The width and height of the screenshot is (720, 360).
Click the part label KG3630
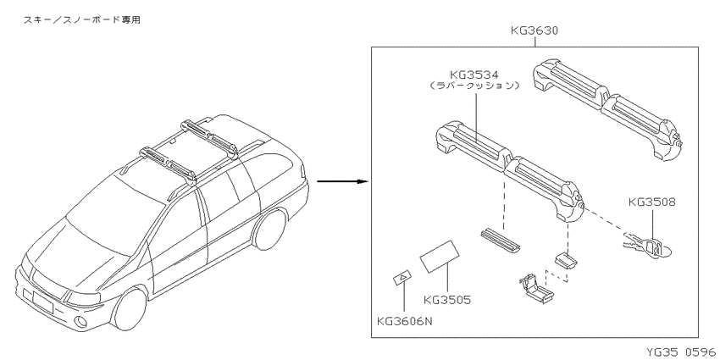click(534, 31)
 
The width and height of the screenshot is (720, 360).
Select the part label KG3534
click(475, 75)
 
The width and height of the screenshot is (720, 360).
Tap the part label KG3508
click(652, 202)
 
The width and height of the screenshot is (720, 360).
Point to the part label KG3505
click(447, 300)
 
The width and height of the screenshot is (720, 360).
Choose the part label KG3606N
click(405, 321)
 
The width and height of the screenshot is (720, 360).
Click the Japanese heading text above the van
click(81, 19)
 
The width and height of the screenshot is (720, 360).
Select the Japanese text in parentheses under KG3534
click(475, 86)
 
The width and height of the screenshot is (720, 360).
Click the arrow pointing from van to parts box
click(343, 181)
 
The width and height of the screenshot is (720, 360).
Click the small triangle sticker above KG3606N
click(402, 278)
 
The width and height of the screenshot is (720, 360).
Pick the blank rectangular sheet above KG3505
click(440, 256)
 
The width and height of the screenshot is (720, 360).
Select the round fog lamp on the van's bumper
click(80, 322)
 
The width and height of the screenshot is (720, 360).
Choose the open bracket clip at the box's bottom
click(536, 290)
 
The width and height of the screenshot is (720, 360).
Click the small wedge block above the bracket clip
click(565, 260)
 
